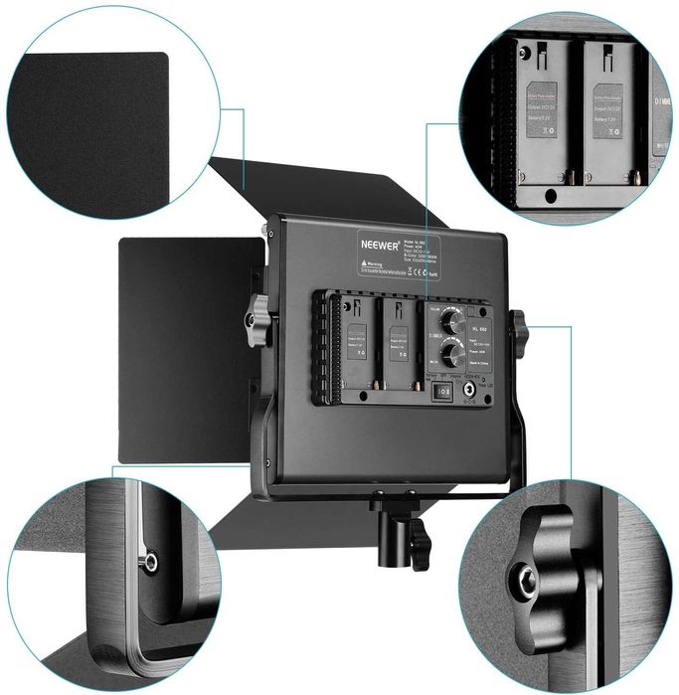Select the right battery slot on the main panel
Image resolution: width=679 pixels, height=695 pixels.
pos(398,338)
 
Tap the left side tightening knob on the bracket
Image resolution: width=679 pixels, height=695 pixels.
pos(256,319)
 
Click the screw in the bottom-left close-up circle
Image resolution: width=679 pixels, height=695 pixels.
pos(150,563)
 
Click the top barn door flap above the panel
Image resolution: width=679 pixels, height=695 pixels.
pos(318,189)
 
